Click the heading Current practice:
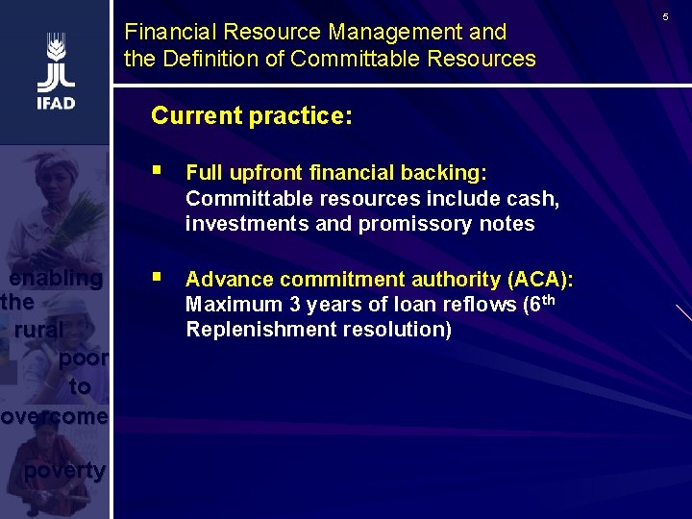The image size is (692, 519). pos(252,116)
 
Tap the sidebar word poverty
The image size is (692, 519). pos(64,470)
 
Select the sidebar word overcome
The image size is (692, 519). pos(54,417)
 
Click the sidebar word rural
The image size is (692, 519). pos(38,330)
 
